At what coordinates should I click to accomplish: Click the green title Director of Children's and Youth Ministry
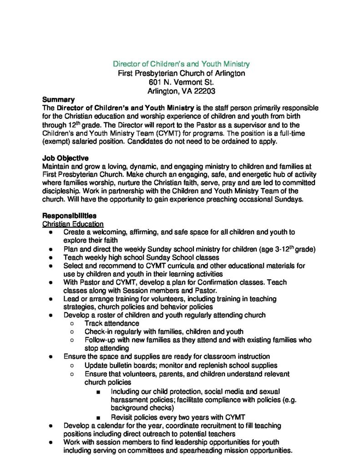pos(181,64)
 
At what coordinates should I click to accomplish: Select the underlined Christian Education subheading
pos(73,224)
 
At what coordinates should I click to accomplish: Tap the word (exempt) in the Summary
pos(56,142)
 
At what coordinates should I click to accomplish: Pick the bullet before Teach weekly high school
pos(53,257)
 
